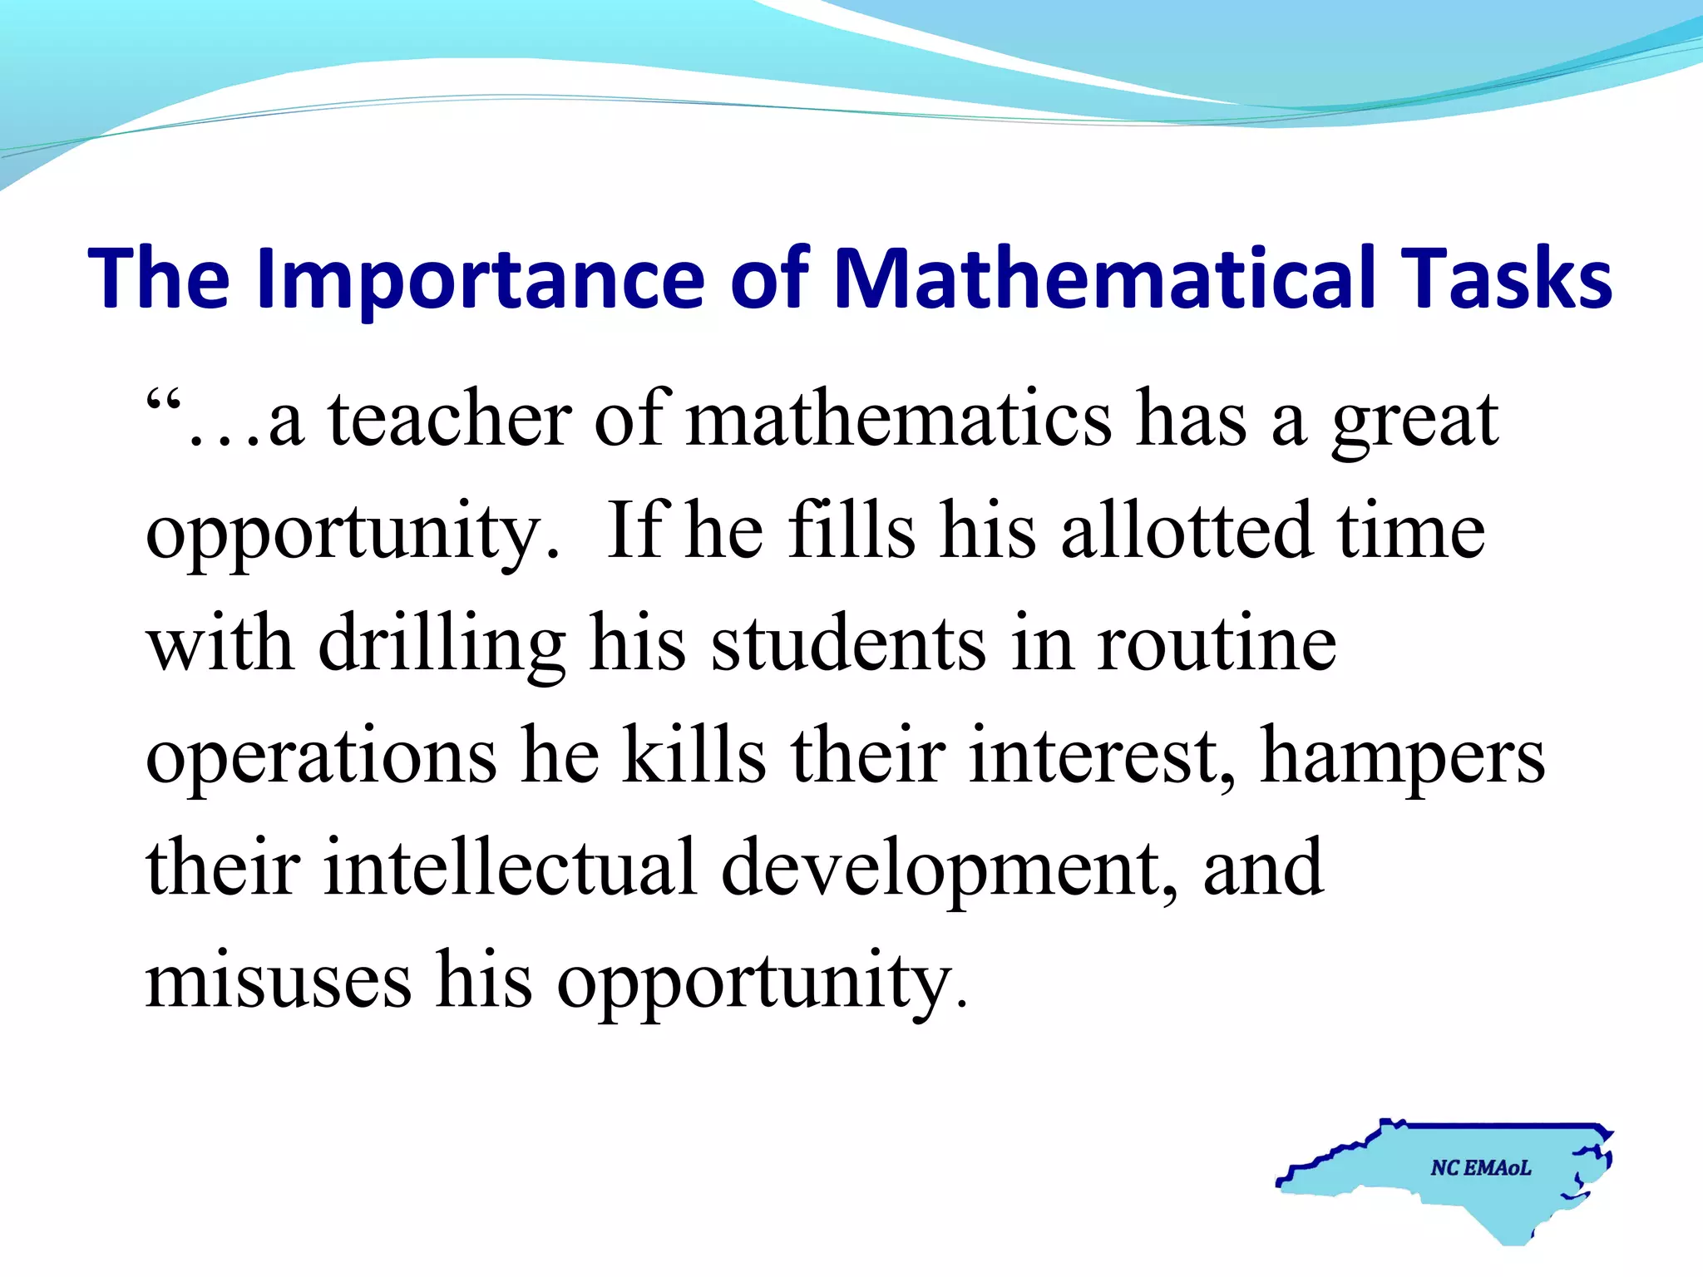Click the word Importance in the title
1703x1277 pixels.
(481, 279)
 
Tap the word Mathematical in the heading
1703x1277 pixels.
(1103, 279)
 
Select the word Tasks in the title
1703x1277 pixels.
(1506, 279)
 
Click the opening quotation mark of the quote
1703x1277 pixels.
(163, 403)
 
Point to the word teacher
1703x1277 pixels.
(450, 420)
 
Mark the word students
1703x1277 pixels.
(848, 644)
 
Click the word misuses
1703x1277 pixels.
(279, 981)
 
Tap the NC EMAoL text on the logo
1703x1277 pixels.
(1481, 1168)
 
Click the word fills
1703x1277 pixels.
(851, 532)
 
